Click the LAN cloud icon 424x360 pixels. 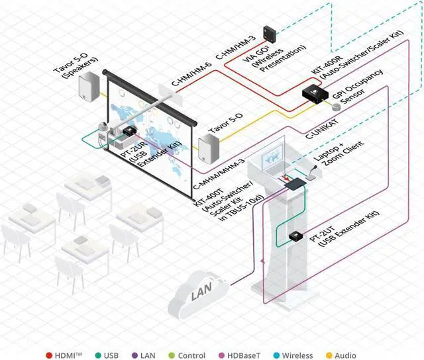(x=199, y=296)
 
